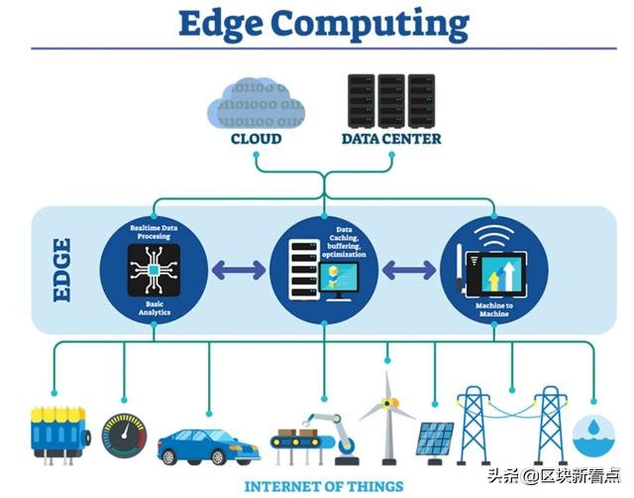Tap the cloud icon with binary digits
tap(256, 103)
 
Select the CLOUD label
tap(256, 139)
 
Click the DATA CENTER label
tap(391, 139)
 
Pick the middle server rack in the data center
tap(391, 100)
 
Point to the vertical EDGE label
tap(62, 270)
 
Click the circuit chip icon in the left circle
tap(154, 270)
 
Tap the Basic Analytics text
tap(155, 309)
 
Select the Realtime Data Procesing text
tap(154, 232)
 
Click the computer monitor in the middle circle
tap(339, 280)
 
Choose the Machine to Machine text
tap(494, 310)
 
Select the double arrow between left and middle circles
tap(239, 270)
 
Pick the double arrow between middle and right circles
tap(409, 270)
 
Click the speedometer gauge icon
tap(124, 436)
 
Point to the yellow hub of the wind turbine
tap(389, 403)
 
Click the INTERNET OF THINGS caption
tap(324, 486)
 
